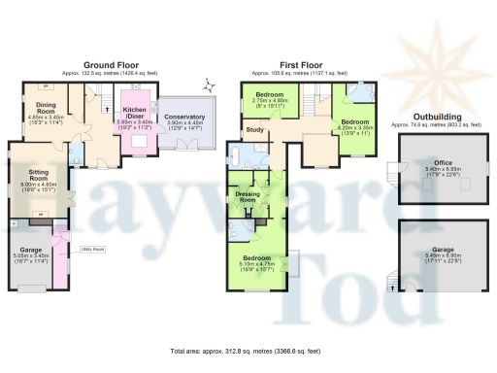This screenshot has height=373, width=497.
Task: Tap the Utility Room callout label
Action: pos(93,250)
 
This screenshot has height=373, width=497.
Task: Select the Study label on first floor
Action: pos(255,129)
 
